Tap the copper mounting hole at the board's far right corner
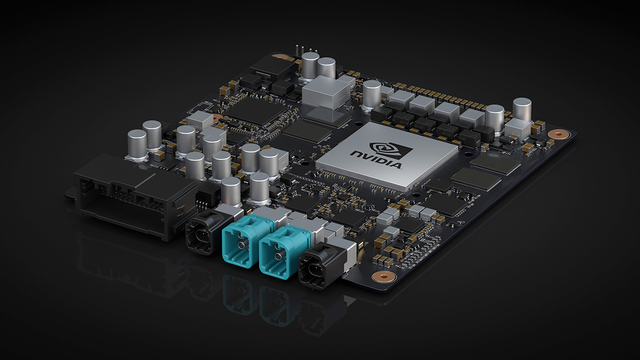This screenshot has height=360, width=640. tap(558, 133)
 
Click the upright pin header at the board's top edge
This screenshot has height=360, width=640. tap(296, 51)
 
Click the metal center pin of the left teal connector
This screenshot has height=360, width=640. tap(243, 245)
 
